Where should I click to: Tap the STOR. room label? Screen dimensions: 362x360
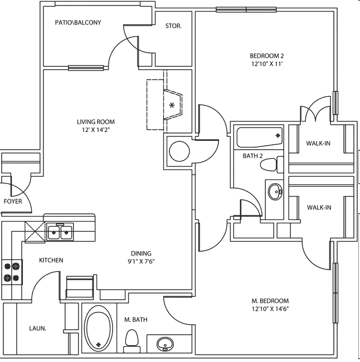tap(173, 26)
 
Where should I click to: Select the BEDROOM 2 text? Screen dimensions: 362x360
tap(266, 56)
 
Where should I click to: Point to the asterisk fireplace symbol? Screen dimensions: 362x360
tap(172, 105)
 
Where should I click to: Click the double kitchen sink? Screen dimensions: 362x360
tap(60, 231)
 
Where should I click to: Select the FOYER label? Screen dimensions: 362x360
tap(13, 202)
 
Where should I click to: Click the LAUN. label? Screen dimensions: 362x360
tap(37, 329)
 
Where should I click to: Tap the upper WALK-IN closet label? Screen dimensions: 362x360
tap(318, 143)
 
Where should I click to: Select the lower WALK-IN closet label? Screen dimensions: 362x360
tap(319, 208)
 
